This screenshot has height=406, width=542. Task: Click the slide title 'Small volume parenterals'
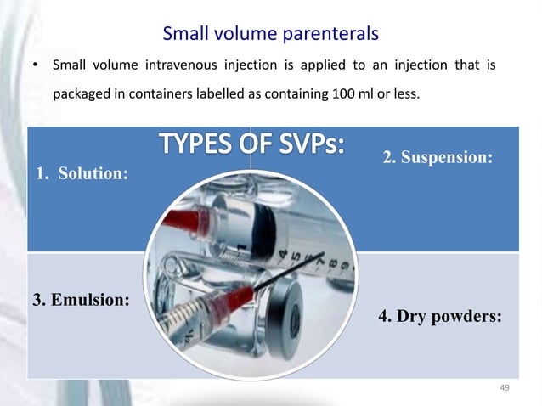pos(270,35)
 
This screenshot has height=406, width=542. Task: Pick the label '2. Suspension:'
pos(438,158)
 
